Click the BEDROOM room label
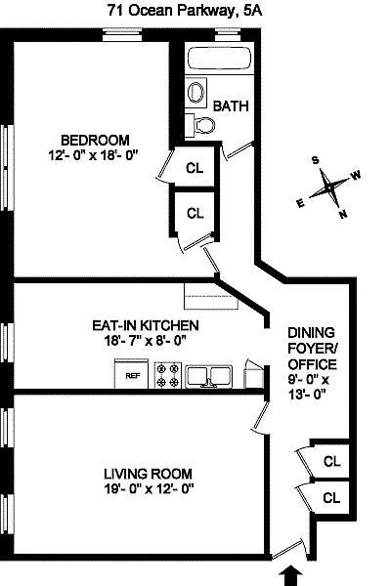point(95,141)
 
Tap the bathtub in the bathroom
point(220,58)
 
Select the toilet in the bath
point(201,125)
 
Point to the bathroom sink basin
point(195,92)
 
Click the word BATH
point(231,106)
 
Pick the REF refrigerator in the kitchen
point(131,374)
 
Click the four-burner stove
point(167,375)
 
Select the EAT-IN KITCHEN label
point(146,325)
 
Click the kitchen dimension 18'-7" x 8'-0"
point(146,341)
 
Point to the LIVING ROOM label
point(148,474)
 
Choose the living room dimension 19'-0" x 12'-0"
point(149,489)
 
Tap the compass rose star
point(328,188)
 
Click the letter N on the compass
point(343,214)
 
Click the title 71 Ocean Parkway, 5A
point(185,11)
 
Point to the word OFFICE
point(312,364)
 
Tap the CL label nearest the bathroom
point(195,168)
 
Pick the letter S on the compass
point(316,160)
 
